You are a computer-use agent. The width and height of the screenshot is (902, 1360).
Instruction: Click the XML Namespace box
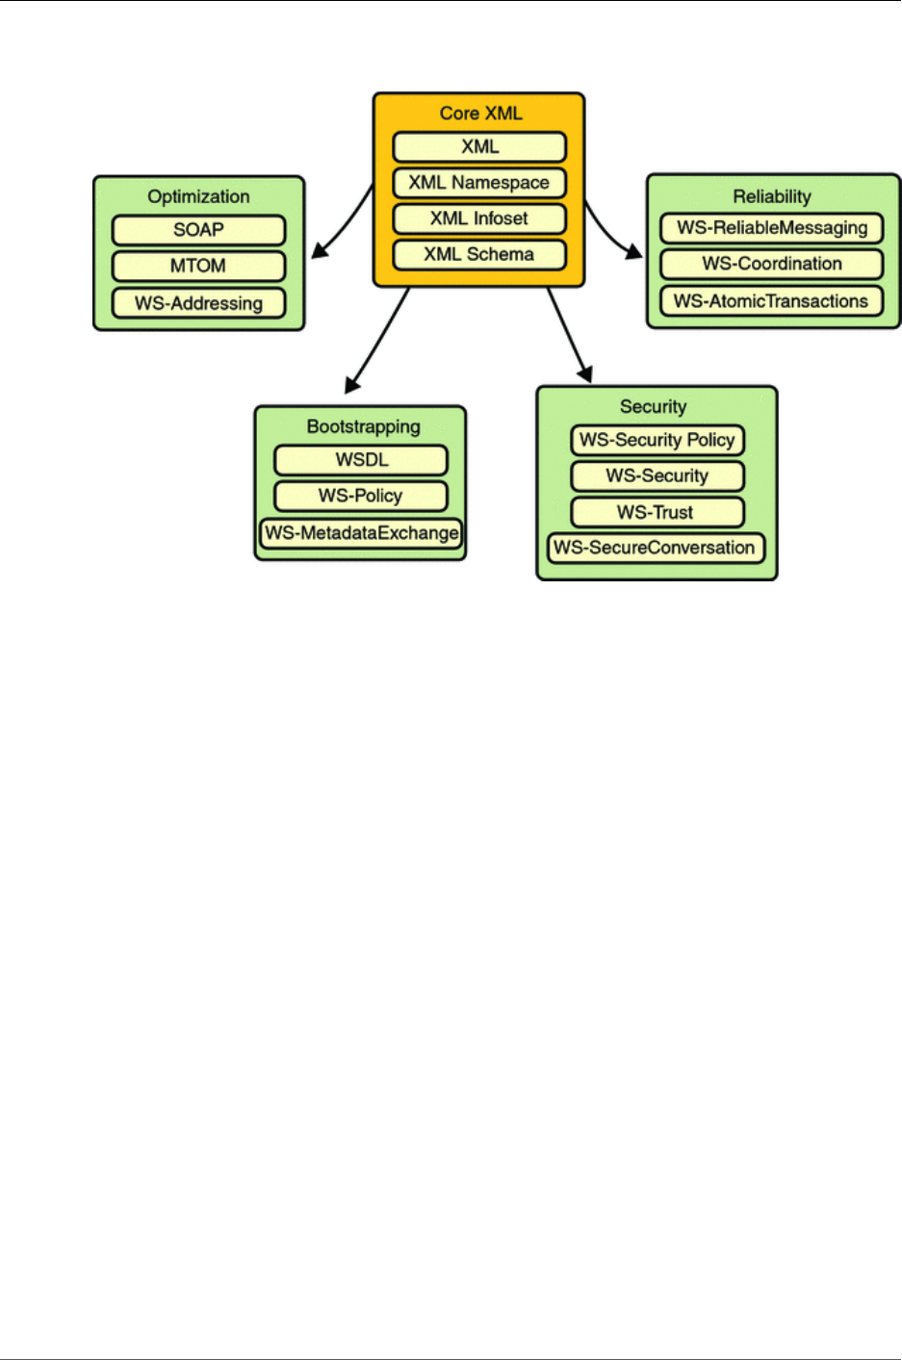(x=479, y=183)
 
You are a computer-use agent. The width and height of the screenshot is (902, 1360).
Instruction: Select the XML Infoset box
(x=479, y=218)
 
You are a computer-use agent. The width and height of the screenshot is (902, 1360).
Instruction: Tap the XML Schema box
(x=479, y=255)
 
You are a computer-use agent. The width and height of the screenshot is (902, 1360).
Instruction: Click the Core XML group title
(x=480, y=113)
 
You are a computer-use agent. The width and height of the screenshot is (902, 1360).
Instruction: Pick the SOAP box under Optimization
(x=198, y=230)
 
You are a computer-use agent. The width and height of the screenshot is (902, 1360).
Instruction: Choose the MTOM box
(x=198, y=266)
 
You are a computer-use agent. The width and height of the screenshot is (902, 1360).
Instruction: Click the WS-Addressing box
(x=198, y=303)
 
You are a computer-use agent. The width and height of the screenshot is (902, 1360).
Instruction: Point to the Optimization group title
(x=198, y=196)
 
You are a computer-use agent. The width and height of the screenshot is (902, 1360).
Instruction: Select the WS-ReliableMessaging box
(x=772, y=228)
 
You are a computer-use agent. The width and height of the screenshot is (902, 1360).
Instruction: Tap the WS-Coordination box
(x=772, y=264)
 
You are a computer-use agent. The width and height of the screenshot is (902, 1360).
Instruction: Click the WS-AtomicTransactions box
(x=772, y=301)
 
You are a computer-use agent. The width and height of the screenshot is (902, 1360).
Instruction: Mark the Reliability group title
(x=772, y=196)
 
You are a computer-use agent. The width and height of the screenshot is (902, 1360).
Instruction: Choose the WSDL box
(x=361, y=460)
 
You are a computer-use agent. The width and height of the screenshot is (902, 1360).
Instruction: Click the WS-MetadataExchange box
(x=361, y=533)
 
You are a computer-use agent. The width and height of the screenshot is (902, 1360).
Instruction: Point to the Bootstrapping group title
(x=363, y=426)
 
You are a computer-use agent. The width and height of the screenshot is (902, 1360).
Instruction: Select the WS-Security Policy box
(x=657, y=440)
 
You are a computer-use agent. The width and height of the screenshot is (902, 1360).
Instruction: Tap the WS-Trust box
(x=657, y=512)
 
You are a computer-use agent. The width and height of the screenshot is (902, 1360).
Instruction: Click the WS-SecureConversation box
(x=656, y=548)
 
